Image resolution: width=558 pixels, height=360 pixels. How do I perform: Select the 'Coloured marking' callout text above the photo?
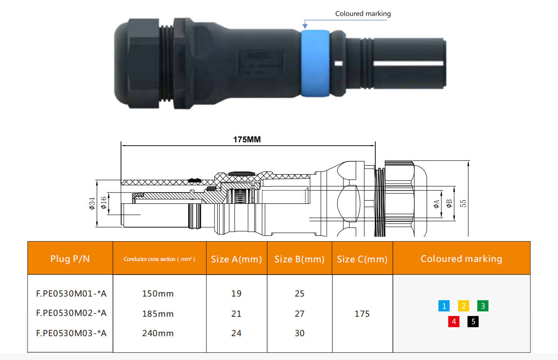click(x=363, y=13)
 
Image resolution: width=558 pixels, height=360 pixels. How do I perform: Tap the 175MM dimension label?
click(x=247, y=139)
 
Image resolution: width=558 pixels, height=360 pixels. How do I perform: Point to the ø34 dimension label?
click(x=92, y=203)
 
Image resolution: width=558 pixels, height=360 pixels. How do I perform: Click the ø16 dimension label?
click(x=104, y=203)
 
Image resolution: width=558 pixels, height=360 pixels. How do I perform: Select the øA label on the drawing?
click(x=436, y=205)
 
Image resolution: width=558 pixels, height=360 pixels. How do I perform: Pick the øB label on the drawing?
click(x=449, y=205)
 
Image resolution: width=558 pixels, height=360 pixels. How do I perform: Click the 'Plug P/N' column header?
click(x=70, y=259)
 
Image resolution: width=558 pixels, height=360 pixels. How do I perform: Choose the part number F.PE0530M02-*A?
click(x=71, y=313)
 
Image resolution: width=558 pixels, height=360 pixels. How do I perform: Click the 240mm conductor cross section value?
click(x=158, y=333)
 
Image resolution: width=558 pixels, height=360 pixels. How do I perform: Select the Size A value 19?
click(x=236, y=294)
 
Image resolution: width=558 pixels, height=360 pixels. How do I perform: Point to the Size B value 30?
click(x=300, y=333)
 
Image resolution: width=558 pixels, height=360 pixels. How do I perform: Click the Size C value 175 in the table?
click(x=362, y=314)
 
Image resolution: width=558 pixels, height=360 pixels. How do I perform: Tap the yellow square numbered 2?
click(x=463, y=306)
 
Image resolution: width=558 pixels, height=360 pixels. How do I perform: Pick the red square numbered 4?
click(x=454, y=322)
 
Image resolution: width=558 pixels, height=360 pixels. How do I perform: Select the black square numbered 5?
click(x=473, y=322)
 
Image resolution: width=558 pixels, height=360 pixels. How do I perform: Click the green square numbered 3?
click(x=483, y=306)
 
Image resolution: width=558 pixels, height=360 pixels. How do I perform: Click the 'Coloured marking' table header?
click(x=461, y=259)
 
